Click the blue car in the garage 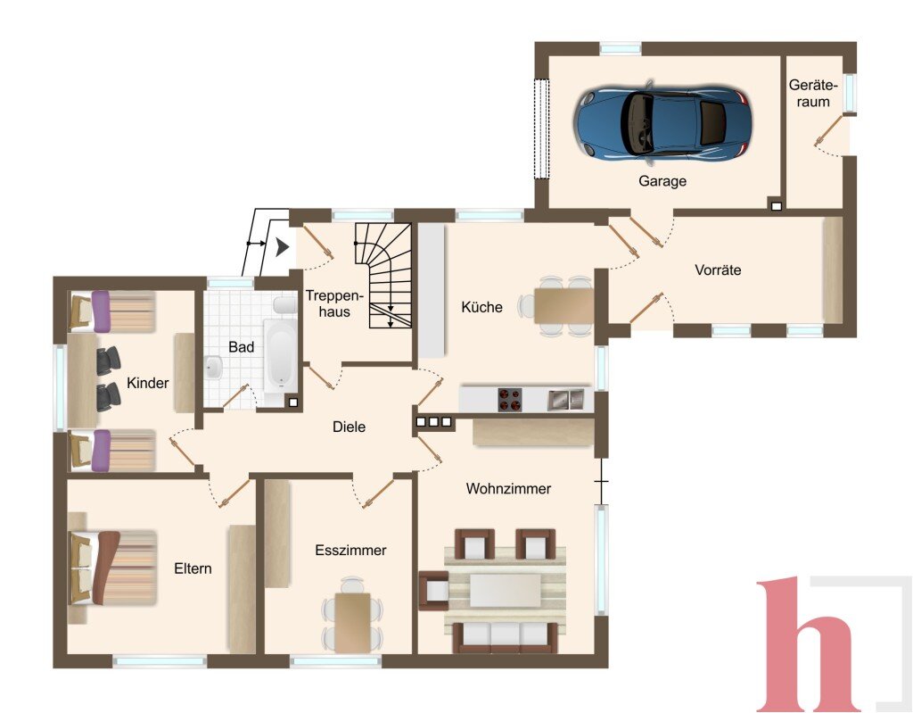(662, 122)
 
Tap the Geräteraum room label (813, 94)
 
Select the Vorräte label (718, 269)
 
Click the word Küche (481, 307)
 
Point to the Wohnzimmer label (508, 488)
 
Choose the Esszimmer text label (350, 550)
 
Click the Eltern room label (193, 568)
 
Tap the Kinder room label (148, 383)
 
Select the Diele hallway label (349, 427)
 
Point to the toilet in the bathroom (285, 304)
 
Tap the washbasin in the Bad (213, 369)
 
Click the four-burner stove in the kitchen (509, 400)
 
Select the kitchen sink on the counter (565, 400)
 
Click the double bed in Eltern (113, 568)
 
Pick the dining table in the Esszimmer (352, 622)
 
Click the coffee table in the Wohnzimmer (506, 591)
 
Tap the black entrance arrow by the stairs (283, 247)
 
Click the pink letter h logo (810, 644)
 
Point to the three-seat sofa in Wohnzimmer (506, 637)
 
